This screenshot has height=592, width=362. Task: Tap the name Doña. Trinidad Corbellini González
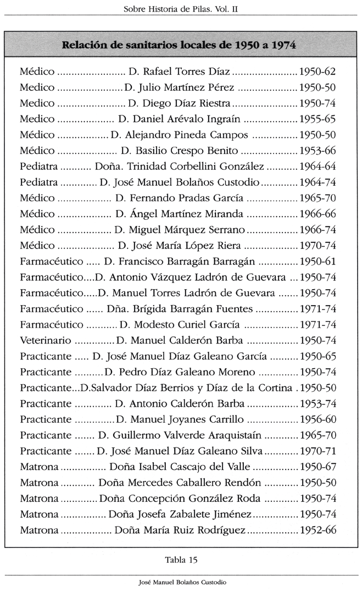coord(180,167)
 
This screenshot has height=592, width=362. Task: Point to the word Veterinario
coord(45,341)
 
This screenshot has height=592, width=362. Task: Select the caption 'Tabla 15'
coord(181,560)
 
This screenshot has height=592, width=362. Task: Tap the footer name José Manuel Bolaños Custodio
coord(182,582)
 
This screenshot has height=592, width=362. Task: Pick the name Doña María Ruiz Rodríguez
coord(180,531)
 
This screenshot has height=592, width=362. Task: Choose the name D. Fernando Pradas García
coord(180,198)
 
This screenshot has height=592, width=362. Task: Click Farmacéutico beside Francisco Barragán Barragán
coord(52,262)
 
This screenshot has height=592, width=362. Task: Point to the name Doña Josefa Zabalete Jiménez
coord(180,515)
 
